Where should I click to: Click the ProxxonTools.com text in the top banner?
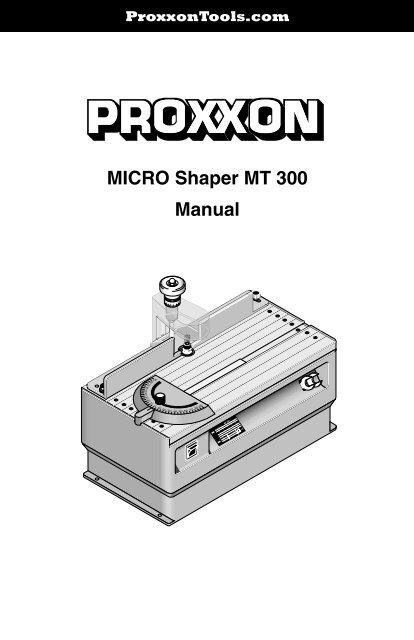(x=207, y=15)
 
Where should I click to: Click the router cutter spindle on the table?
(x=185, y=349)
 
